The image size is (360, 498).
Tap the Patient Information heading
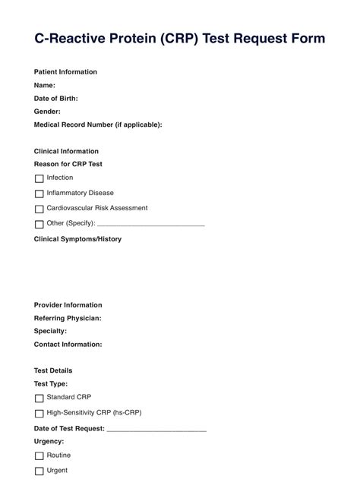pos(65,72)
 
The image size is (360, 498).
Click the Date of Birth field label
pos(56,99)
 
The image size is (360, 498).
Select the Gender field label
pos(47,112)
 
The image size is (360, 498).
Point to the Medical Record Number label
pos(98,124)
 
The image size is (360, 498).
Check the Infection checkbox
pos(39,178)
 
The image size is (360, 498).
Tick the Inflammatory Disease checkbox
pos(39,194)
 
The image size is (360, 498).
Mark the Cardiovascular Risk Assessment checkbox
pos(39,209)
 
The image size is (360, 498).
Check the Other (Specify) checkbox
pos(39,224)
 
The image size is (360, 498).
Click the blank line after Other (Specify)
pos(151,225)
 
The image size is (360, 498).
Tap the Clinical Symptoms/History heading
pos(77,239)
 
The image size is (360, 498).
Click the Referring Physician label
pos(68,318)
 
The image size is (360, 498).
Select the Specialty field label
pos(50,331)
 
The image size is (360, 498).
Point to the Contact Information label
pos(68,344)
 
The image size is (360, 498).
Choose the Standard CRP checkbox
pos(39,398)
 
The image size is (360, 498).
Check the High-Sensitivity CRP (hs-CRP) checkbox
pos(39,414)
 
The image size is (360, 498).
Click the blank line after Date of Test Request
pos(156,429)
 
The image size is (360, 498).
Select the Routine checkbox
pos(39,455)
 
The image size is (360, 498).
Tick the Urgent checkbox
pos(39,471)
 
